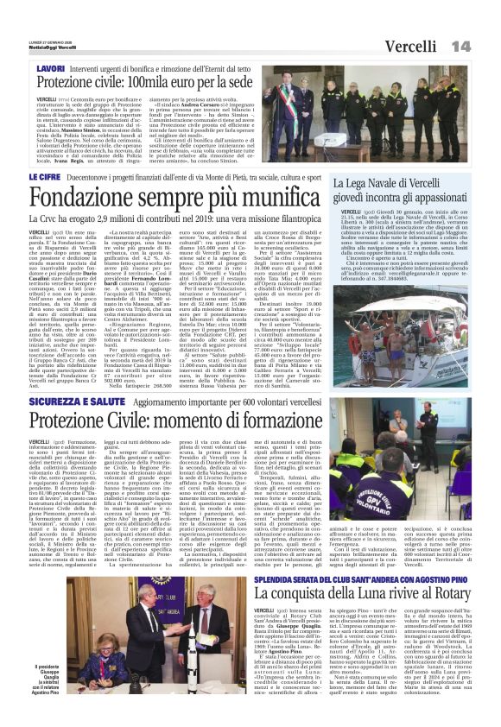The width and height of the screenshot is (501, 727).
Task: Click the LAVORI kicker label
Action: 51,66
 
